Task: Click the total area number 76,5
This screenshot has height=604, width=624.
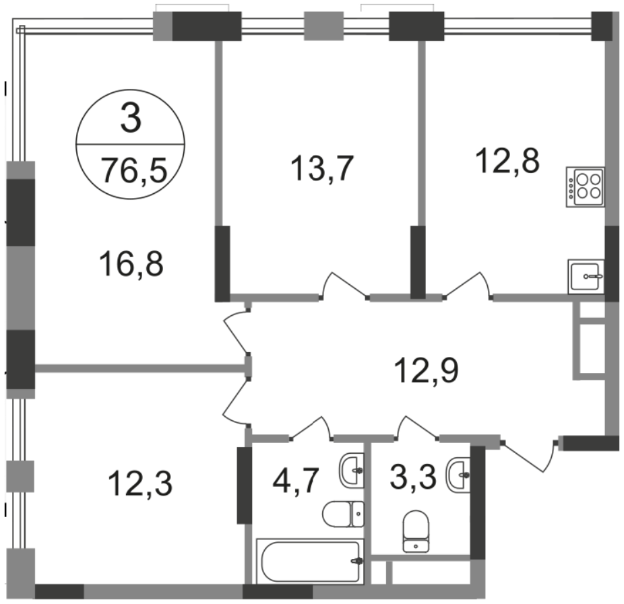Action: [x=133, y=170]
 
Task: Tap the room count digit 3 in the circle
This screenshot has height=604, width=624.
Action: [x=131, y=118]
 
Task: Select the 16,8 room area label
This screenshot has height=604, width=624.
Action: [x=131, y=264]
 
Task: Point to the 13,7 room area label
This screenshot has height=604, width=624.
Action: [x=322, y=168]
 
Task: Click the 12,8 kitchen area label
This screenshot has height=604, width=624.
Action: [x=507, y=161]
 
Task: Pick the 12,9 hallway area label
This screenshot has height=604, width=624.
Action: [x=426, y=370]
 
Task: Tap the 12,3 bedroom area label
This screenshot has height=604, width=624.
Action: [x=140, y=483]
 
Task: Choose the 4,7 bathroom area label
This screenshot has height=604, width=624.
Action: [x=296, y=480]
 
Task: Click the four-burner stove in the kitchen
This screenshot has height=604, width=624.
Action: [x=586, y=187]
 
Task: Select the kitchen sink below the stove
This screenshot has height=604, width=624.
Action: [x=586, y=276]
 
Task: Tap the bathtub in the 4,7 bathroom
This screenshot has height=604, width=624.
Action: [x=311, y=561]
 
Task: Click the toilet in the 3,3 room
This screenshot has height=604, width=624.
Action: [x=416, y=532]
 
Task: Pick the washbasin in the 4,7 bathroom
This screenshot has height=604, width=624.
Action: [x=352, y=471]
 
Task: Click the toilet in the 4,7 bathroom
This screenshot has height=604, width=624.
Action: [x=343, y=514]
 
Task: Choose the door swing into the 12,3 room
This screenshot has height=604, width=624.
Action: [x=237, y=401]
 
